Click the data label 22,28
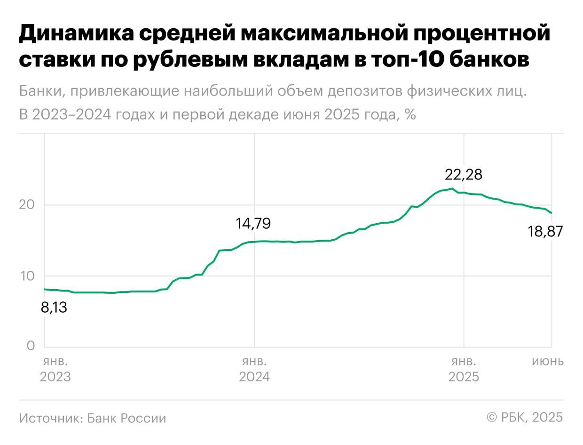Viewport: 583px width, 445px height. pyautogui.click(x=464, y=175)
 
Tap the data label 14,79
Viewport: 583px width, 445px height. pyautogui.click(x=253, y=223)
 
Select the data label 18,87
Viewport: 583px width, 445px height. pyautogui.click(x=545, y=232)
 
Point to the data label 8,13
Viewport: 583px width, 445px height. pyautogui.click(x=54, y=308)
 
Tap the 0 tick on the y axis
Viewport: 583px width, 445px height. pyautogui.click(x=31, y=346)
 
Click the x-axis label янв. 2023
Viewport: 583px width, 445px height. pyautogui.click(x=55, y=369)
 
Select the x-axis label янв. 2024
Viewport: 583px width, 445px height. pyautogui.click(x=254, y=369)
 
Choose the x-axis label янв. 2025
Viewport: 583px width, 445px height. pyautogui.click(x=464, y=369)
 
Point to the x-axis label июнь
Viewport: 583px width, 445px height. pyautogui.click(x=547, y=362)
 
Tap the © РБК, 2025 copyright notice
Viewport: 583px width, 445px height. pyautogui.click(x=525, y=417)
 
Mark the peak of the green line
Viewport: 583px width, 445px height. pyautogui.click(x=452, y=188)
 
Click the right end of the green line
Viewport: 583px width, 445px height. pyautogui.click(x=551, y=213)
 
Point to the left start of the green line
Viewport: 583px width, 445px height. pyautogui.click(x=44, y=289)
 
